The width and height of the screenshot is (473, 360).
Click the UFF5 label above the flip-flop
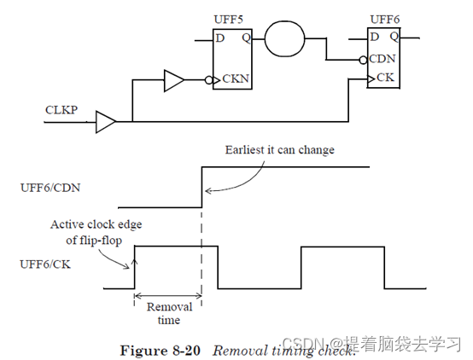(x=227, y=19)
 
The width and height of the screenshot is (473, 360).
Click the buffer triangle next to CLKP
(x=107, y=121)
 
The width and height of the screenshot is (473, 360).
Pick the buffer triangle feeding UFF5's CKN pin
(x=173, y=82)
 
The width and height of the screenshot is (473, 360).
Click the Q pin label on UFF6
(x=395, y=37)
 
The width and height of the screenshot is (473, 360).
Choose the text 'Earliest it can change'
(x=279, y=150)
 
